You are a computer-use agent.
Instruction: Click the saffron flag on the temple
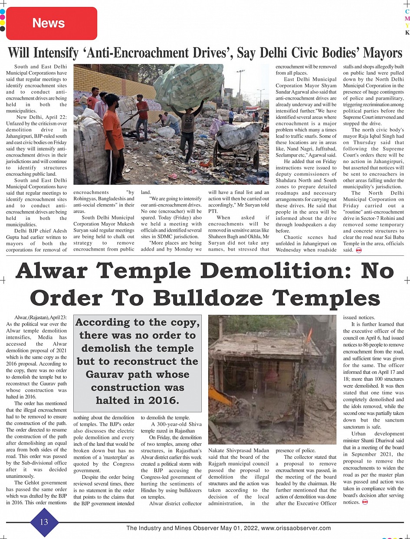[309, 334]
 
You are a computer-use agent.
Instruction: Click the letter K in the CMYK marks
[407, 33]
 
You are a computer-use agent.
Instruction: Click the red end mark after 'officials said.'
[358, 250]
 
